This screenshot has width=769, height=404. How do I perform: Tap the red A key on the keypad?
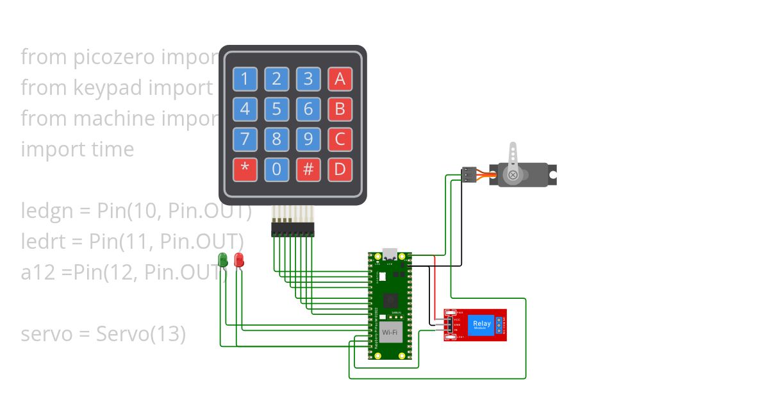tap(340, 80)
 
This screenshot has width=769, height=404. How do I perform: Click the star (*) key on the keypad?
tap(245, 170)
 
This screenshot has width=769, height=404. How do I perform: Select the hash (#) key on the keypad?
tap(308, 170)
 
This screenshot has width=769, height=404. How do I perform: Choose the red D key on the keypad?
tap(340, 170)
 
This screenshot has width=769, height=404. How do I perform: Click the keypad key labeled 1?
tap(245, 80)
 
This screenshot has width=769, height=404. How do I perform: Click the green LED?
tap(223, 260)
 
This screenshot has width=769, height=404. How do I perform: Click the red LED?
tap(239, 260)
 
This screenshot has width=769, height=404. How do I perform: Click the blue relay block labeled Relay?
tap(482, 324)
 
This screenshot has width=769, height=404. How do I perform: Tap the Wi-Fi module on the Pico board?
tap(390, 333)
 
